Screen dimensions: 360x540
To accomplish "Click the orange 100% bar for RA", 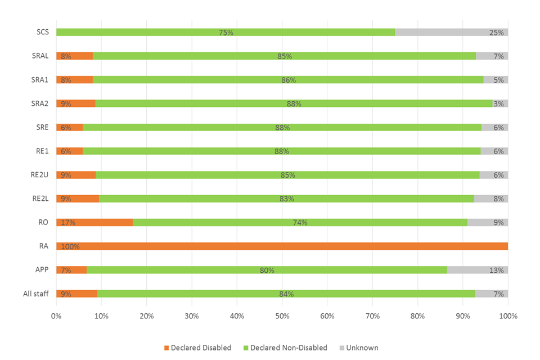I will [281, 246].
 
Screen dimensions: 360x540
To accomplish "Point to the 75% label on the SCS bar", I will [226, 32].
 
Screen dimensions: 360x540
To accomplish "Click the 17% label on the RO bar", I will [67, 222].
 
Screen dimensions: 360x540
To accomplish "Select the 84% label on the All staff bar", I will [286, 294].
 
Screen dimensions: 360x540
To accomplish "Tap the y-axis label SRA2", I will [40, 103].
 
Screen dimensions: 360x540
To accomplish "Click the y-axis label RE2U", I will [40, 174].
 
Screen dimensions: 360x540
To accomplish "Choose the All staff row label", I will [37, 294].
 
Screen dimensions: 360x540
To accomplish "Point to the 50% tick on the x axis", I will [282, 316].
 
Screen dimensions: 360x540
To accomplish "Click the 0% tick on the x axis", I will [56, 316].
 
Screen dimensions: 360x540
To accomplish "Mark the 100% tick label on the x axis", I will [507, 316].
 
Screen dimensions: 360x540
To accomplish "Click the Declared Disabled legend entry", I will [197, 348].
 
